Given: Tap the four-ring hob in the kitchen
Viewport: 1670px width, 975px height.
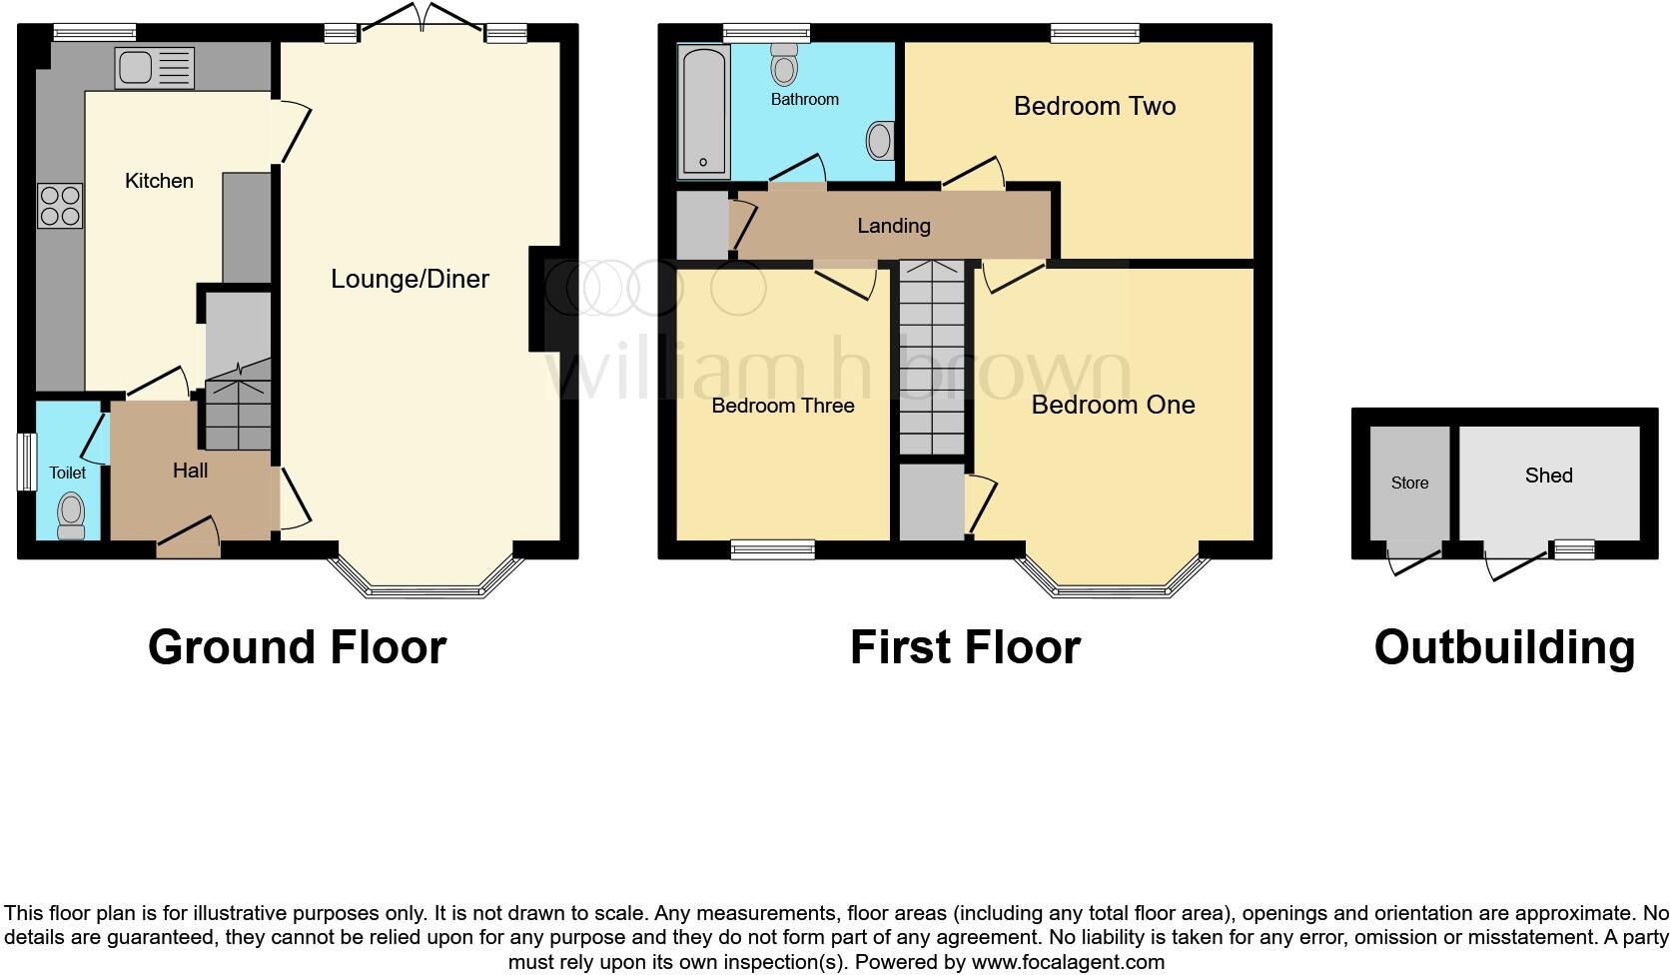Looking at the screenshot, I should click(60, 206).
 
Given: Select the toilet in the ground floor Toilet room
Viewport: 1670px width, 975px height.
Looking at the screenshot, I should click(70, 513).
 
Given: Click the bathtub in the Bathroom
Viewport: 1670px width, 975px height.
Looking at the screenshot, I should click(703, 110).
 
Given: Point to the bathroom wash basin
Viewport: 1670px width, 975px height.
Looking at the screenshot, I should click(880, 141).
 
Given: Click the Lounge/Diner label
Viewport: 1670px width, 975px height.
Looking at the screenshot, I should click(410, 279).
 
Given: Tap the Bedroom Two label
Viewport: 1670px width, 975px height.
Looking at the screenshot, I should click(1094, 106).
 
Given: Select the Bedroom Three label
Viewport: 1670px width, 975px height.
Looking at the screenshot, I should click(782, 406).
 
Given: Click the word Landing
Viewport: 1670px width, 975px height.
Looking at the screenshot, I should click(893, 226).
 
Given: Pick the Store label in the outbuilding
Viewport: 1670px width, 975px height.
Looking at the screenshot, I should click(1409, 483).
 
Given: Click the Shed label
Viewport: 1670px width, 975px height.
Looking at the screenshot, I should click(1548, 476).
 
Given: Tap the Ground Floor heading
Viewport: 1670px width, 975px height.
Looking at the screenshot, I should click(297, 647).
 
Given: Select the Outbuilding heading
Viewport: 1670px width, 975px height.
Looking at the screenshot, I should click(1504, 647).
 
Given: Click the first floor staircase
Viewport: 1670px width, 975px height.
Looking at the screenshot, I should click(932, 360).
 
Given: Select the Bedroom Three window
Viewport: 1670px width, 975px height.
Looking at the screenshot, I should click(772, 547).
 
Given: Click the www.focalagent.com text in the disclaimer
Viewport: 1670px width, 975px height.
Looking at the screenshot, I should click(1067, 962).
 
